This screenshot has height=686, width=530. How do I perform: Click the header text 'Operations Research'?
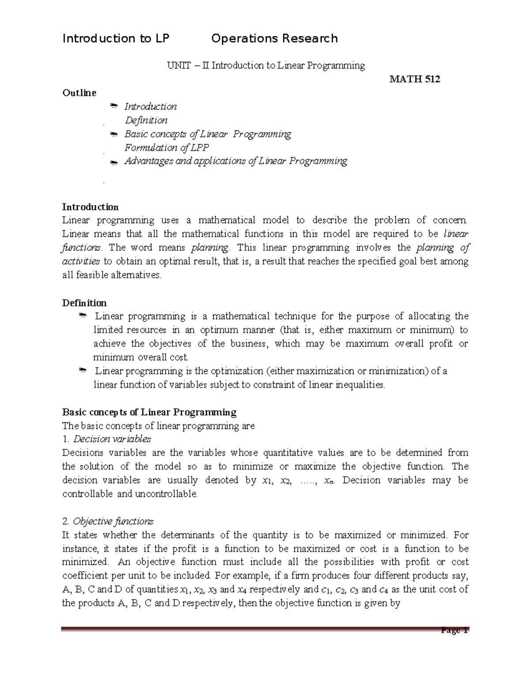(274, 39)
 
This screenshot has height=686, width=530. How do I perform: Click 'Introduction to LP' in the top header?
(116, 39)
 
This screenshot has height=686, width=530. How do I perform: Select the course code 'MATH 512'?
(414, 80)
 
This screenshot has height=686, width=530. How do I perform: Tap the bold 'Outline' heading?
(79, 93)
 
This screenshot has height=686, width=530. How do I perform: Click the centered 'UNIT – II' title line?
(265, 66)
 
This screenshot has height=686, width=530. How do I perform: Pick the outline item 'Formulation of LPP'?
(167, 148)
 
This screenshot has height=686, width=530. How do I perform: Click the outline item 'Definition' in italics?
(146, 120)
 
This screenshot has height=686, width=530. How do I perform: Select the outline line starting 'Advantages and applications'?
(235, 161)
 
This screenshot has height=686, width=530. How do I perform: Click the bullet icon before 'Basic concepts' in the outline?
(114, 134)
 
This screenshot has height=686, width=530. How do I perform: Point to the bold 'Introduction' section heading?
(90, 207)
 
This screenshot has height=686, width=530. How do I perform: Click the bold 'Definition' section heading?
(84, 303)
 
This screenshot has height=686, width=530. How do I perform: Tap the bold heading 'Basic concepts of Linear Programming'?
(149, 413)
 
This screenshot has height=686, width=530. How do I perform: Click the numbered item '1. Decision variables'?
(106, 439)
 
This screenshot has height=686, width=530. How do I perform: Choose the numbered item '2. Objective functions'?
(108, 521)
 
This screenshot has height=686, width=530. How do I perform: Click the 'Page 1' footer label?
(454, 630)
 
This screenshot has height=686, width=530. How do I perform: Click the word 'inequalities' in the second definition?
(360, 385)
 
